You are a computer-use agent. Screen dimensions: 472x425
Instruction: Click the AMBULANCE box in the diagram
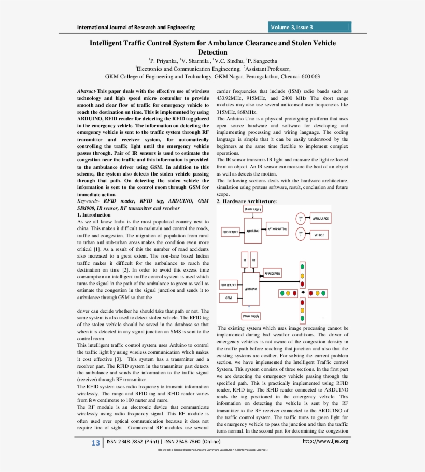pos(320,219)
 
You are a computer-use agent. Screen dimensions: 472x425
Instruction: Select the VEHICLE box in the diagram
pos(320,235)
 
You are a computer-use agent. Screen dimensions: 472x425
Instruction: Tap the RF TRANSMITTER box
pos(277,228)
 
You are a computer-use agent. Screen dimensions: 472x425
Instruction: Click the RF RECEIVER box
pos(273,273)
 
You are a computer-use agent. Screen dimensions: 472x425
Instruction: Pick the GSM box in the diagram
pos(229,298)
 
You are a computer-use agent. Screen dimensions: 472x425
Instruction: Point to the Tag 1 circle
pos(300,219)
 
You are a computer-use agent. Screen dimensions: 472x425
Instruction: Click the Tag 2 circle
pos(300,234)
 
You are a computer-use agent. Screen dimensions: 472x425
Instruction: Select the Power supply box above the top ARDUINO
pos(253,209)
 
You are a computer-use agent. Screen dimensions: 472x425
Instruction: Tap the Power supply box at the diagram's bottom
pos(251,316)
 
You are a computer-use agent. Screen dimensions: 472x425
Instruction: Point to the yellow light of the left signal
pos(289,293)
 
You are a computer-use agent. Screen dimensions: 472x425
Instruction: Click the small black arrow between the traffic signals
pos(303,293)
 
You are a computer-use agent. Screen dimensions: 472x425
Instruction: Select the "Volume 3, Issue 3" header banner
pos(310,27)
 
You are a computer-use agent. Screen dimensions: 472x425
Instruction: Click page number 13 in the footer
pos(95,442)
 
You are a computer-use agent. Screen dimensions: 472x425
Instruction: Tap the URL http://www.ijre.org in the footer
pos(325,441)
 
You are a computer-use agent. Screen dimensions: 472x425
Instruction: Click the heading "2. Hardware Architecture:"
pos(246,201)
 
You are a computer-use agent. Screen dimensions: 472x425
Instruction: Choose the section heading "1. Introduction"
pos(93,214)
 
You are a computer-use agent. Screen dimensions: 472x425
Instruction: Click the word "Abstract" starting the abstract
pos(86,91)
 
